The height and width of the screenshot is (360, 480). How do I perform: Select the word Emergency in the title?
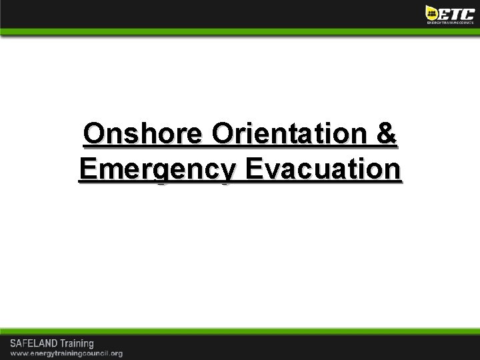tap(157, 169)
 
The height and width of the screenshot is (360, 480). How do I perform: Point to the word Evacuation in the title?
tap(323, 169)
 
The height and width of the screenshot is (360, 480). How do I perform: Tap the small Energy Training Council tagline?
tap(450, 22)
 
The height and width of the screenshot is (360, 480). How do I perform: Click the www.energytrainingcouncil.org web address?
tap(65, 353)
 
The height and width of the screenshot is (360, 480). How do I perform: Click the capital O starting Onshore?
tap(93, 135)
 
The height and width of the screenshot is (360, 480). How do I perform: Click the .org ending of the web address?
tap(115, 353)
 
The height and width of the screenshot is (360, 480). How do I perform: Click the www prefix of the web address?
tap(17, 353)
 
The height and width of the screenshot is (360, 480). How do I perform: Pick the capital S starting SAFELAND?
tap(11, 343)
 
